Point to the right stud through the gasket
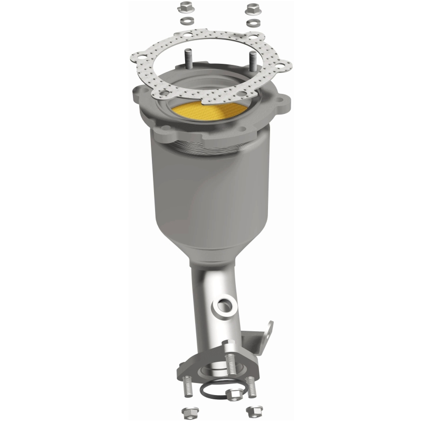point(253,59)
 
